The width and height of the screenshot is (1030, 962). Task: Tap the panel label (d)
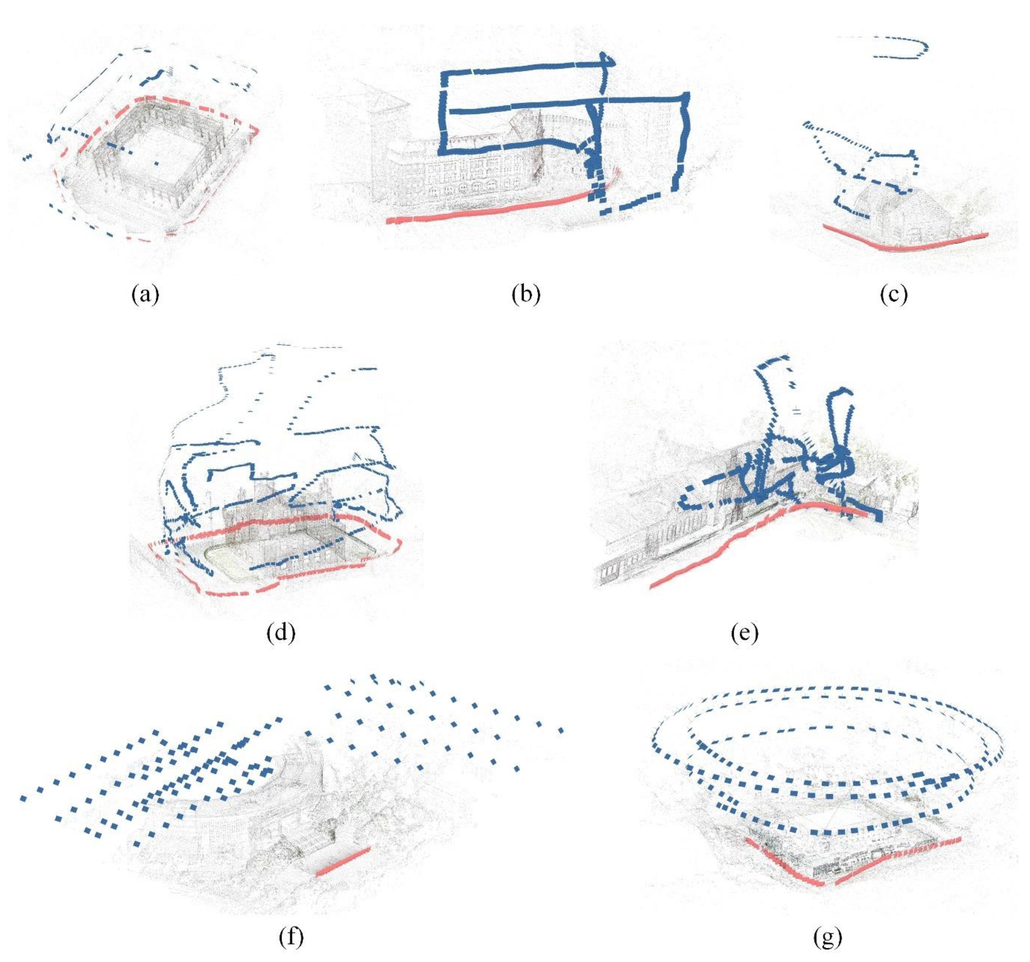[280, 633]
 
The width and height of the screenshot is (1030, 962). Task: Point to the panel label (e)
[745, 633]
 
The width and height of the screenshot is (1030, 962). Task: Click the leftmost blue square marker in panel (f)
[23, 799]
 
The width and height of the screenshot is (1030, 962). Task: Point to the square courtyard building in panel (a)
[155, 155]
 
